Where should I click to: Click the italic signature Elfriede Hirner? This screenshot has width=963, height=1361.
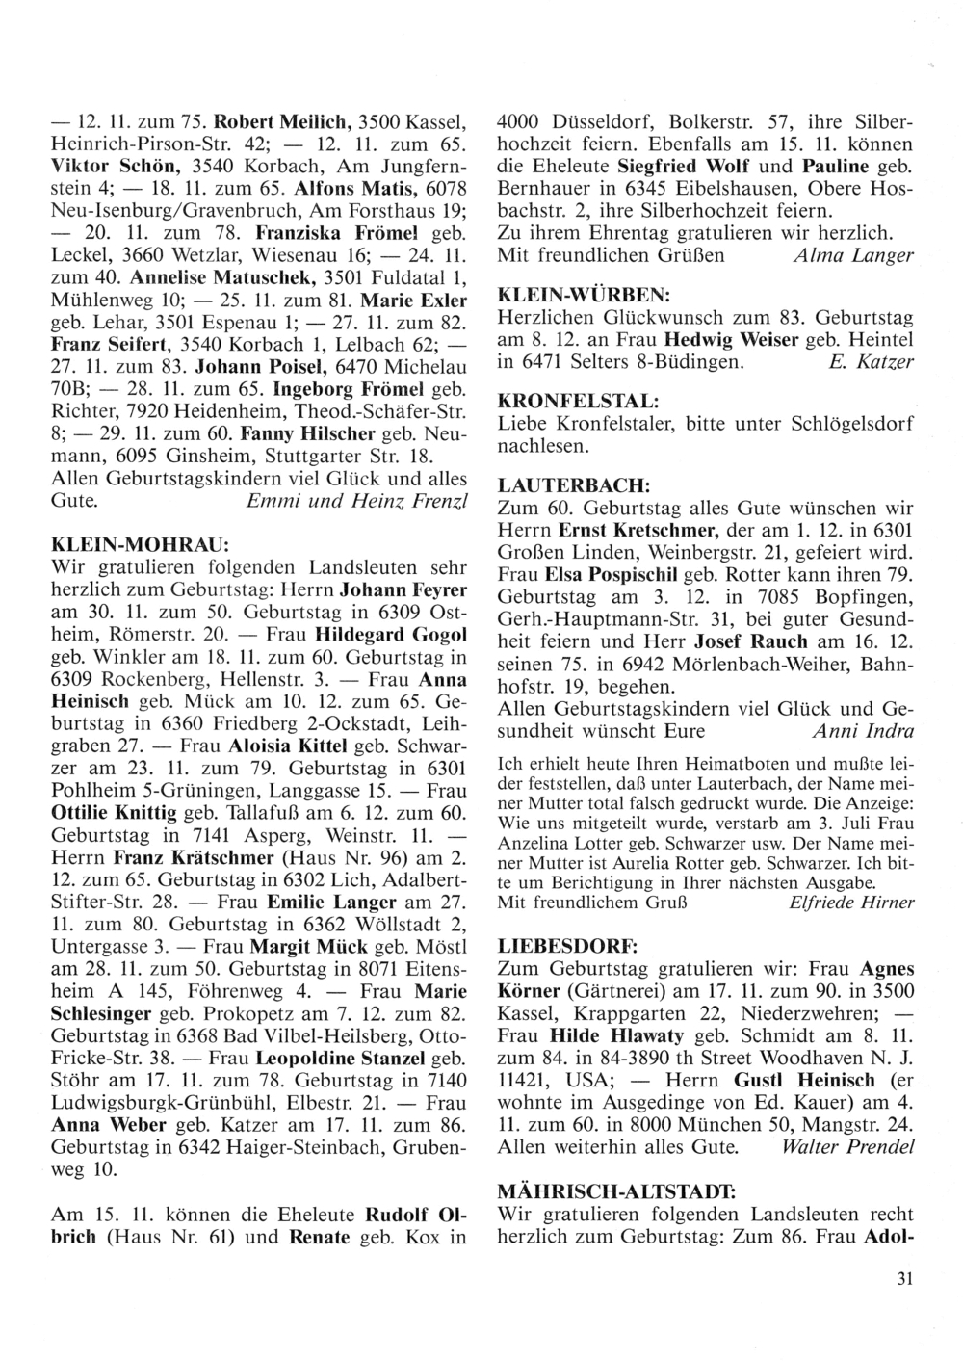coord(850,903)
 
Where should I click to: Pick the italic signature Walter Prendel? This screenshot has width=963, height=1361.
coord(848,1147)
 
